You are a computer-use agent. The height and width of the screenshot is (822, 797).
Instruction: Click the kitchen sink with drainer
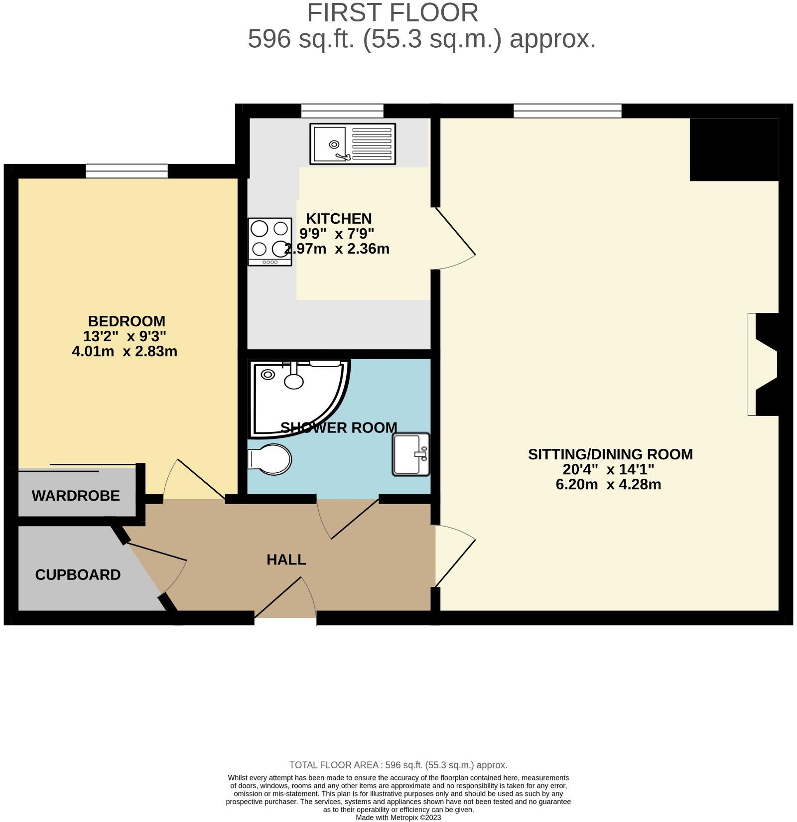[x=353, y=143]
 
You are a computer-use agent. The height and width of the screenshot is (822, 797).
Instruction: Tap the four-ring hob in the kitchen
[x=269, y=241]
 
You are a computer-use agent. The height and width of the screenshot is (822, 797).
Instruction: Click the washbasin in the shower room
[x=411, y=454]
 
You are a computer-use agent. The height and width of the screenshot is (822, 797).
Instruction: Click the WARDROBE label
[x=76, y=496]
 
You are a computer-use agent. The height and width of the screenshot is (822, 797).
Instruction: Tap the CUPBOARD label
[x=78, y=574]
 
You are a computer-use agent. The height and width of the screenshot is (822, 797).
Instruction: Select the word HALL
[x=286, y=559]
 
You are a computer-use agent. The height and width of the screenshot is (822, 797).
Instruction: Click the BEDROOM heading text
[x=127, y=321]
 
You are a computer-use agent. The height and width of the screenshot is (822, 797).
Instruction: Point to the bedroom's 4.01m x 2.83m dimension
[x=125, y=351]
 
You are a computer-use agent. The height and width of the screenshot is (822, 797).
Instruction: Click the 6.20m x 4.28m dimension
[x=608, y=484]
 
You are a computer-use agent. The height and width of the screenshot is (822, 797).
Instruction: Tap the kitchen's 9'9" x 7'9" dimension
[x=337, y=233]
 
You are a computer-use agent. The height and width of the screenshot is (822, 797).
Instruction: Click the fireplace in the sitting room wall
[x=762, y=364]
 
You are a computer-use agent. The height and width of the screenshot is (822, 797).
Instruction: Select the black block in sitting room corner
[x=734, y=149]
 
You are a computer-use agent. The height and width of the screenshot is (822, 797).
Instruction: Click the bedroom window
[x=127, y=171]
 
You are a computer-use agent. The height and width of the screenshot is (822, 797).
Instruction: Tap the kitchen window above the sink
[x=342, y=111]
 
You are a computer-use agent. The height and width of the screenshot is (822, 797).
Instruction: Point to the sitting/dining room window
[x=567, y=111]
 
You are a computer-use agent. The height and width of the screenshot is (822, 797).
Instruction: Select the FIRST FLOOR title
[x=393, y=13]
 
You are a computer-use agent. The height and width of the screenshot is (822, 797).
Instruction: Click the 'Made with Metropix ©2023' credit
[x=398, y=818]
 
